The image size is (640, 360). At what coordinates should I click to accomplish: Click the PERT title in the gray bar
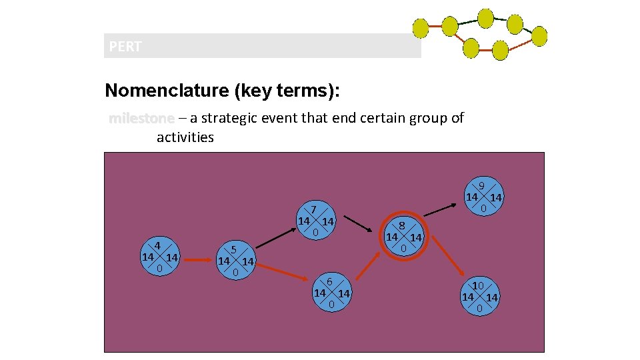pyautogui.click(x=125, y=47)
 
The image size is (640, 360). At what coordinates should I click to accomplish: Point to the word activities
pyautogui.click(x=185, y=137)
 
